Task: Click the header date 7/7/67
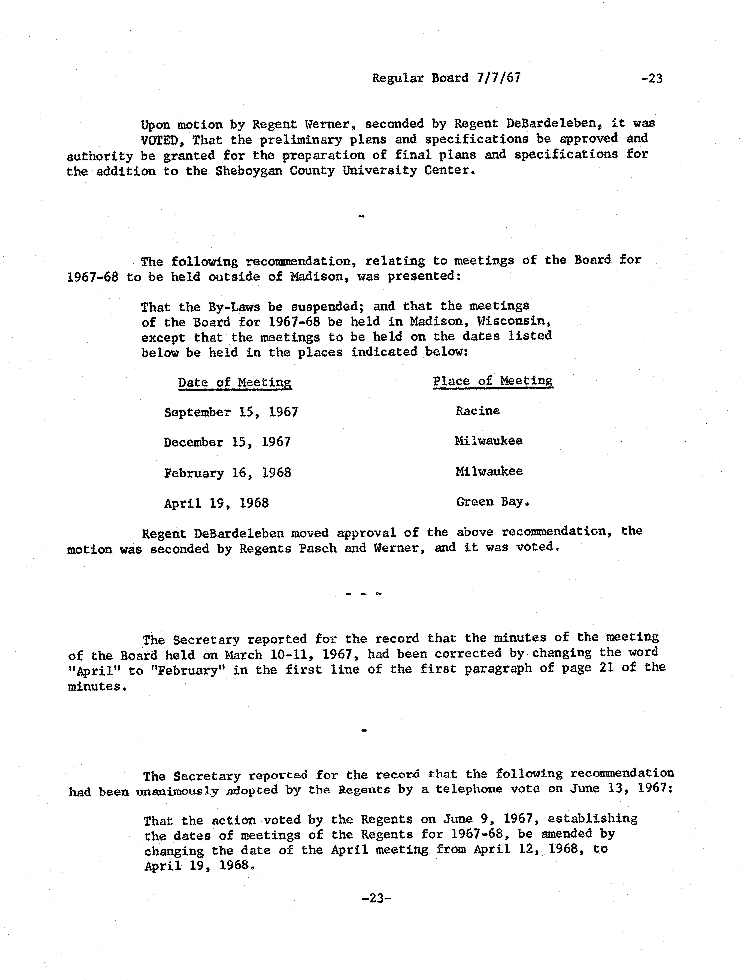pyautogui.click(x=498, y=78)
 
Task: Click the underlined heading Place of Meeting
pyautogui.click(x=493, y=381)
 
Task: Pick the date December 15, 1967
pyautogui.click(x=227, y=442)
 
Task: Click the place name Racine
pyautogui.click(x=477, y=411)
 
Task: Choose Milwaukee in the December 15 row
pyautogui.click(x=488, y=441)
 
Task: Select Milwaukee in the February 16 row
pyautogui.click(x=489, y=471)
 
